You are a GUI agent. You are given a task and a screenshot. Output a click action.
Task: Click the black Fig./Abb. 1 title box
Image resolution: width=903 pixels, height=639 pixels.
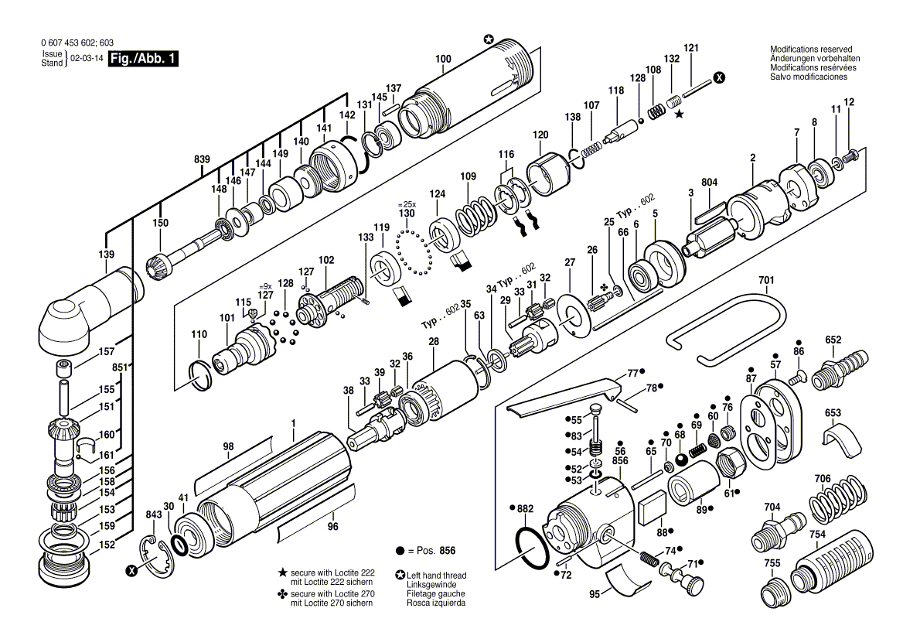[x=144, y=59]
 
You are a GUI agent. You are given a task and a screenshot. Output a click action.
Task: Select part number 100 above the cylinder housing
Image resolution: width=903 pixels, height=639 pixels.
[x=443, y=59]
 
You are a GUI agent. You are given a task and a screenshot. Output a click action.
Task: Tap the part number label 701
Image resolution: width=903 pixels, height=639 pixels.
[x=765, y=279]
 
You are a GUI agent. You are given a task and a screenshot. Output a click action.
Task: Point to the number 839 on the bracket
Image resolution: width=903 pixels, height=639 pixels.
[x=202, y=159]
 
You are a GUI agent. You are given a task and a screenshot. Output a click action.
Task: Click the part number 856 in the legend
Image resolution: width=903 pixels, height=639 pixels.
[x=446, y=551]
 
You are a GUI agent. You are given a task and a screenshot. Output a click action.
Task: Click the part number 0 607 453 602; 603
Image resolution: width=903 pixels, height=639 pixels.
[x=77, y=43]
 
